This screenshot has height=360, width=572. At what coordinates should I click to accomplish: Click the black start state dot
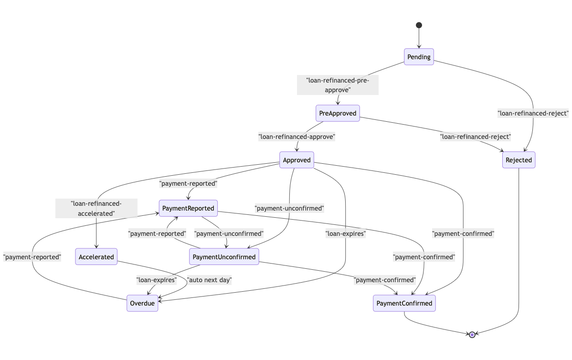[419, 25]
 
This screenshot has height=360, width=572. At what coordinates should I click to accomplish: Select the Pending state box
[419, 57]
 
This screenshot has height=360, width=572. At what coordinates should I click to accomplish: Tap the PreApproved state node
[338, 113]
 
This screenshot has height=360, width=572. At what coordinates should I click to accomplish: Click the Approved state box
[297, 160]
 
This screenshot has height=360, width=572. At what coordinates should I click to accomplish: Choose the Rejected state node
[519, 160]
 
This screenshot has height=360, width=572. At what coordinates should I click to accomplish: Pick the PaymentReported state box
[188, 208]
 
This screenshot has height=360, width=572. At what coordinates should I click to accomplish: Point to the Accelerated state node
[96, 256]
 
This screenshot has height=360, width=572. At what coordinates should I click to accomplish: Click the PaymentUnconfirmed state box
[224, 256]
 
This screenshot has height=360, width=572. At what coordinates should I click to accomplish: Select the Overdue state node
[142, 303]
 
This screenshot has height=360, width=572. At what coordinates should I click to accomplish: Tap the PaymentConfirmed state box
[404, 303]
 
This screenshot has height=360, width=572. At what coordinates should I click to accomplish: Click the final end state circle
[472, 335]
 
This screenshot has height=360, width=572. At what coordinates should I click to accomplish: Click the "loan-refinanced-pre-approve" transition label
[338, 85]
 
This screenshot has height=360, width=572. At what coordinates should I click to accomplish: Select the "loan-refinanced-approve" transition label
[297, 137]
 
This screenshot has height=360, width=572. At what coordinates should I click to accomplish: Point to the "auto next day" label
[209, 280]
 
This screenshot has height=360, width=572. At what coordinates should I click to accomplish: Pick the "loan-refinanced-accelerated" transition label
[96, 209]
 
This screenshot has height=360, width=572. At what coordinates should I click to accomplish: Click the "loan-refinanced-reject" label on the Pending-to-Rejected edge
[533, 113]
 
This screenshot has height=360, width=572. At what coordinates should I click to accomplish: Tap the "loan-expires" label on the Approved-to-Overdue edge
[345, 234]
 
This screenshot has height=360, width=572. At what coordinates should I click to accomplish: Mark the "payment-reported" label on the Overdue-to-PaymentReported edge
[32, 257]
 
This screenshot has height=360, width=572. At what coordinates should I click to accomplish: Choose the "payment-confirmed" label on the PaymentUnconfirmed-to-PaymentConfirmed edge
[385, 280]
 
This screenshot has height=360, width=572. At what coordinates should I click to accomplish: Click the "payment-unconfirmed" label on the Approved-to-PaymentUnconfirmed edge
[289, 208]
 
